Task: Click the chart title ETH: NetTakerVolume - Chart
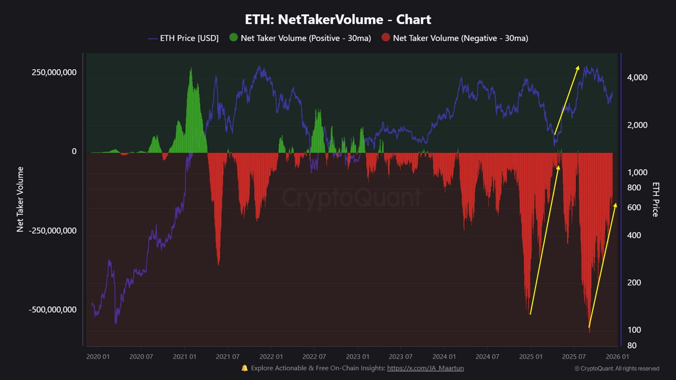338,20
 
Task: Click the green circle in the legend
234,37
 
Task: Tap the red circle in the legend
386,37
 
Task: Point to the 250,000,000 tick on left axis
54,72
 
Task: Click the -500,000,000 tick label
52,310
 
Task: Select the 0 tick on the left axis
74,151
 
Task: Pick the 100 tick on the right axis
634,330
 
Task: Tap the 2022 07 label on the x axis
314,356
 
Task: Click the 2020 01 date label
97,356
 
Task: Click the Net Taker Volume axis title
21,199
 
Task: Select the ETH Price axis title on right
655,199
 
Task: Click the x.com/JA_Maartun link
425,368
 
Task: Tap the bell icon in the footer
245,368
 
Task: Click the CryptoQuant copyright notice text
617,368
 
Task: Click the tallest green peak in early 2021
191,69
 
